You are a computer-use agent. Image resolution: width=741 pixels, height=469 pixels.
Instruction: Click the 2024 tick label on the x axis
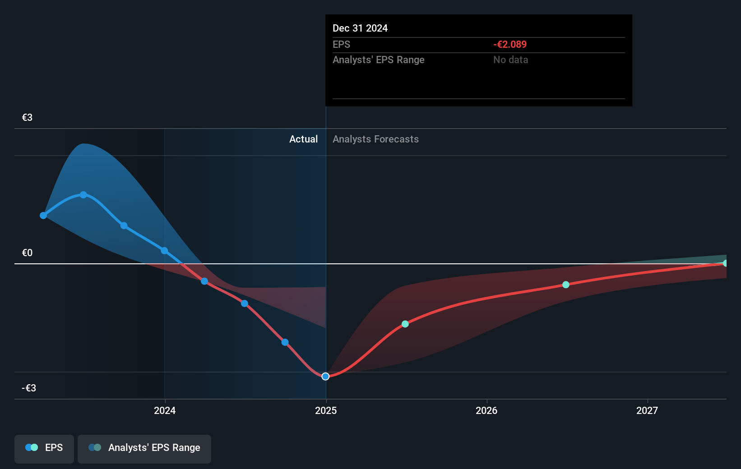point(165,410)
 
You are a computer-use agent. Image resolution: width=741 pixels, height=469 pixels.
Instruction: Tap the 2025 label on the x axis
point(326,410)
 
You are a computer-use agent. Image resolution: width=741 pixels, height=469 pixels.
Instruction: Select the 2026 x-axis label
point(486,410)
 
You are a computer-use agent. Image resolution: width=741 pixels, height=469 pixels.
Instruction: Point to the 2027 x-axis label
point(647,410)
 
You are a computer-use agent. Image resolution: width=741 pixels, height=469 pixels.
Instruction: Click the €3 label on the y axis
point(27,118)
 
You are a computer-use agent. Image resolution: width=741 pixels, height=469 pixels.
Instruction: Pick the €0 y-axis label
point(27,253)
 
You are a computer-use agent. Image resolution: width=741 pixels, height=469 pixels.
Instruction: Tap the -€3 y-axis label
point(29,388)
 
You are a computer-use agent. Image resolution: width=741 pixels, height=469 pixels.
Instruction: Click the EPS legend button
point(44,448)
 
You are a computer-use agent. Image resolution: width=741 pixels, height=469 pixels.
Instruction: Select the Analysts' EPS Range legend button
point(144,448)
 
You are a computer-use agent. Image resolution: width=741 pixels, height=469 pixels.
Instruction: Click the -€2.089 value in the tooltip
point(510,45)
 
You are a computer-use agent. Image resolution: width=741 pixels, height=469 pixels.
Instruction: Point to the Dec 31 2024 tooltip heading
point(360,28)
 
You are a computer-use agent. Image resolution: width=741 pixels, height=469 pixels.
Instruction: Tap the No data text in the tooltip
point(510,60)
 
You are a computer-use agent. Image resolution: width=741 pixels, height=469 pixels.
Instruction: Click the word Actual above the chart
point(303,139)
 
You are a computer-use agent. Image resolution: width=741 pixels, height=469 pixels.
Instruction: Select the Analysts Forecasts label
point(375,139)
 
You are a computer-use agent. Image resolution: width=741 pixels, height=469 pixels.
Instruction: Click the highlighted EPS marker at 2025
point(325,377)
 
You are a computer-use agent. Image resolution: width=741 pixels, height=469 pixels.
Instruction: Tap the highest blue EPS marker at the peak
point(83,195)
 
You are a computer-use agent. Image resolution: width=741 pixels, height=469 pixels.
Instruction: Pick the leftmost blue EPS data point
point(43,216)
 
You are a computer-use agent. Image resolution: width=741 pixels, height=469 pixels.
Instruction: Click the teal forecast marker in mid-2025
point(405,324)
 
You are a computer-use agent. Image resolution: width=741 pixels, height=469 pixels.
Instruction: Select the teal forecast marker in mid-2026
point(566,285)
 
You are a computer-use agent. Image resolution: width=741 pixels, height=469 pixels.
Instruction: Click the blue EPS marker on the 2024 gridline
point(164,251)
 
